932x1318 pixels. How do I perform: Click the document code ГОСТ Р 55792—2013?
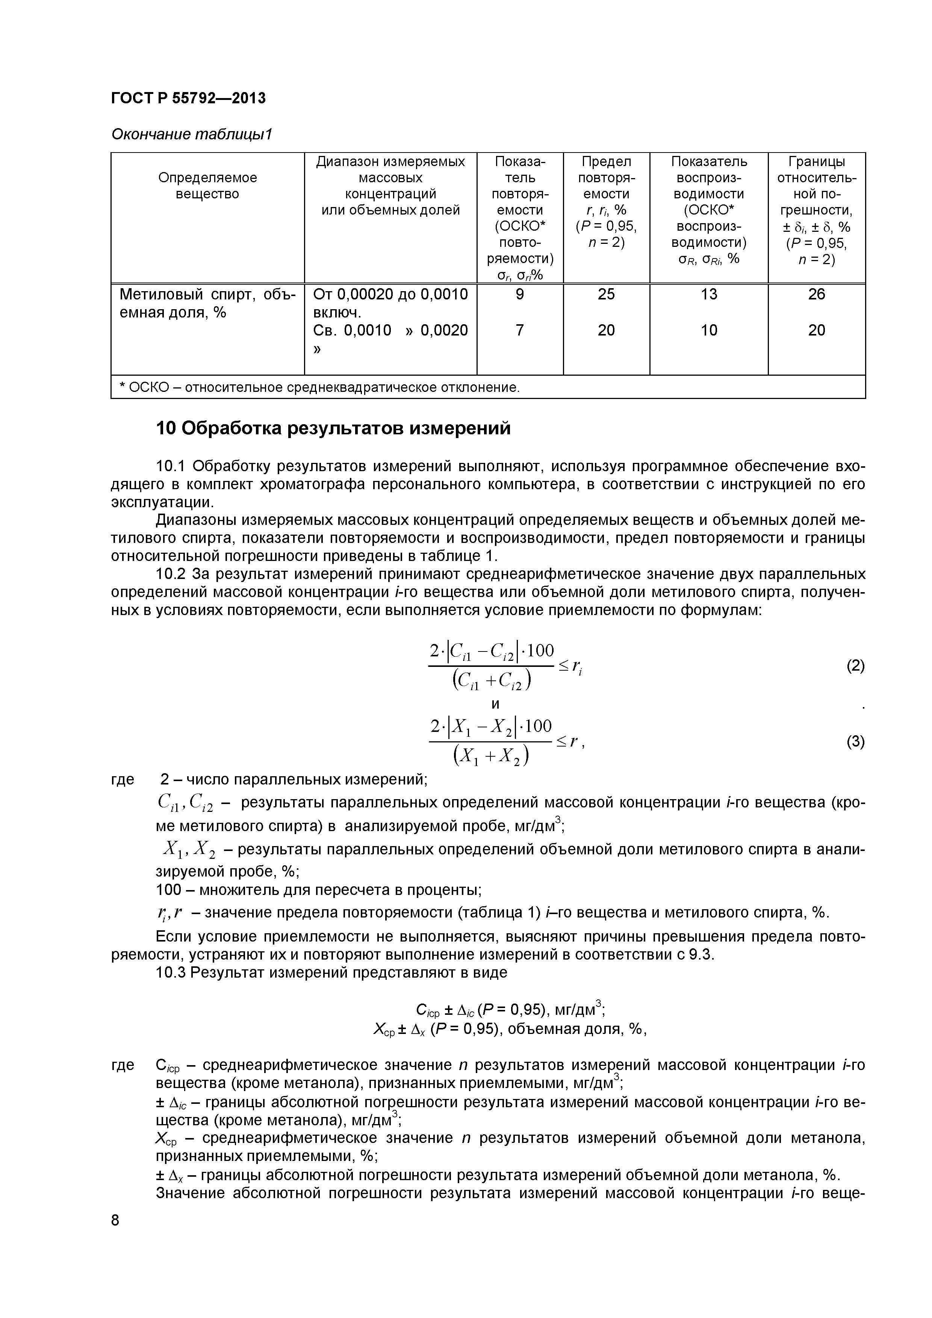[188, 98]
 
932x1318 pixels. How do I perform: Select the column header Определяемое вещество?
[207, 186]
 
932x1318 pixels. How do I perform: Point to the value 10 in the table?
[709, 330]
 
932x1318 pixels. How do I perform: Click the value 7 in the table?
[520, 330]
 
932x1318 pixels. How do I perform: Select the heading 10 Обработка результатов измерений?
[333, 428]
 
